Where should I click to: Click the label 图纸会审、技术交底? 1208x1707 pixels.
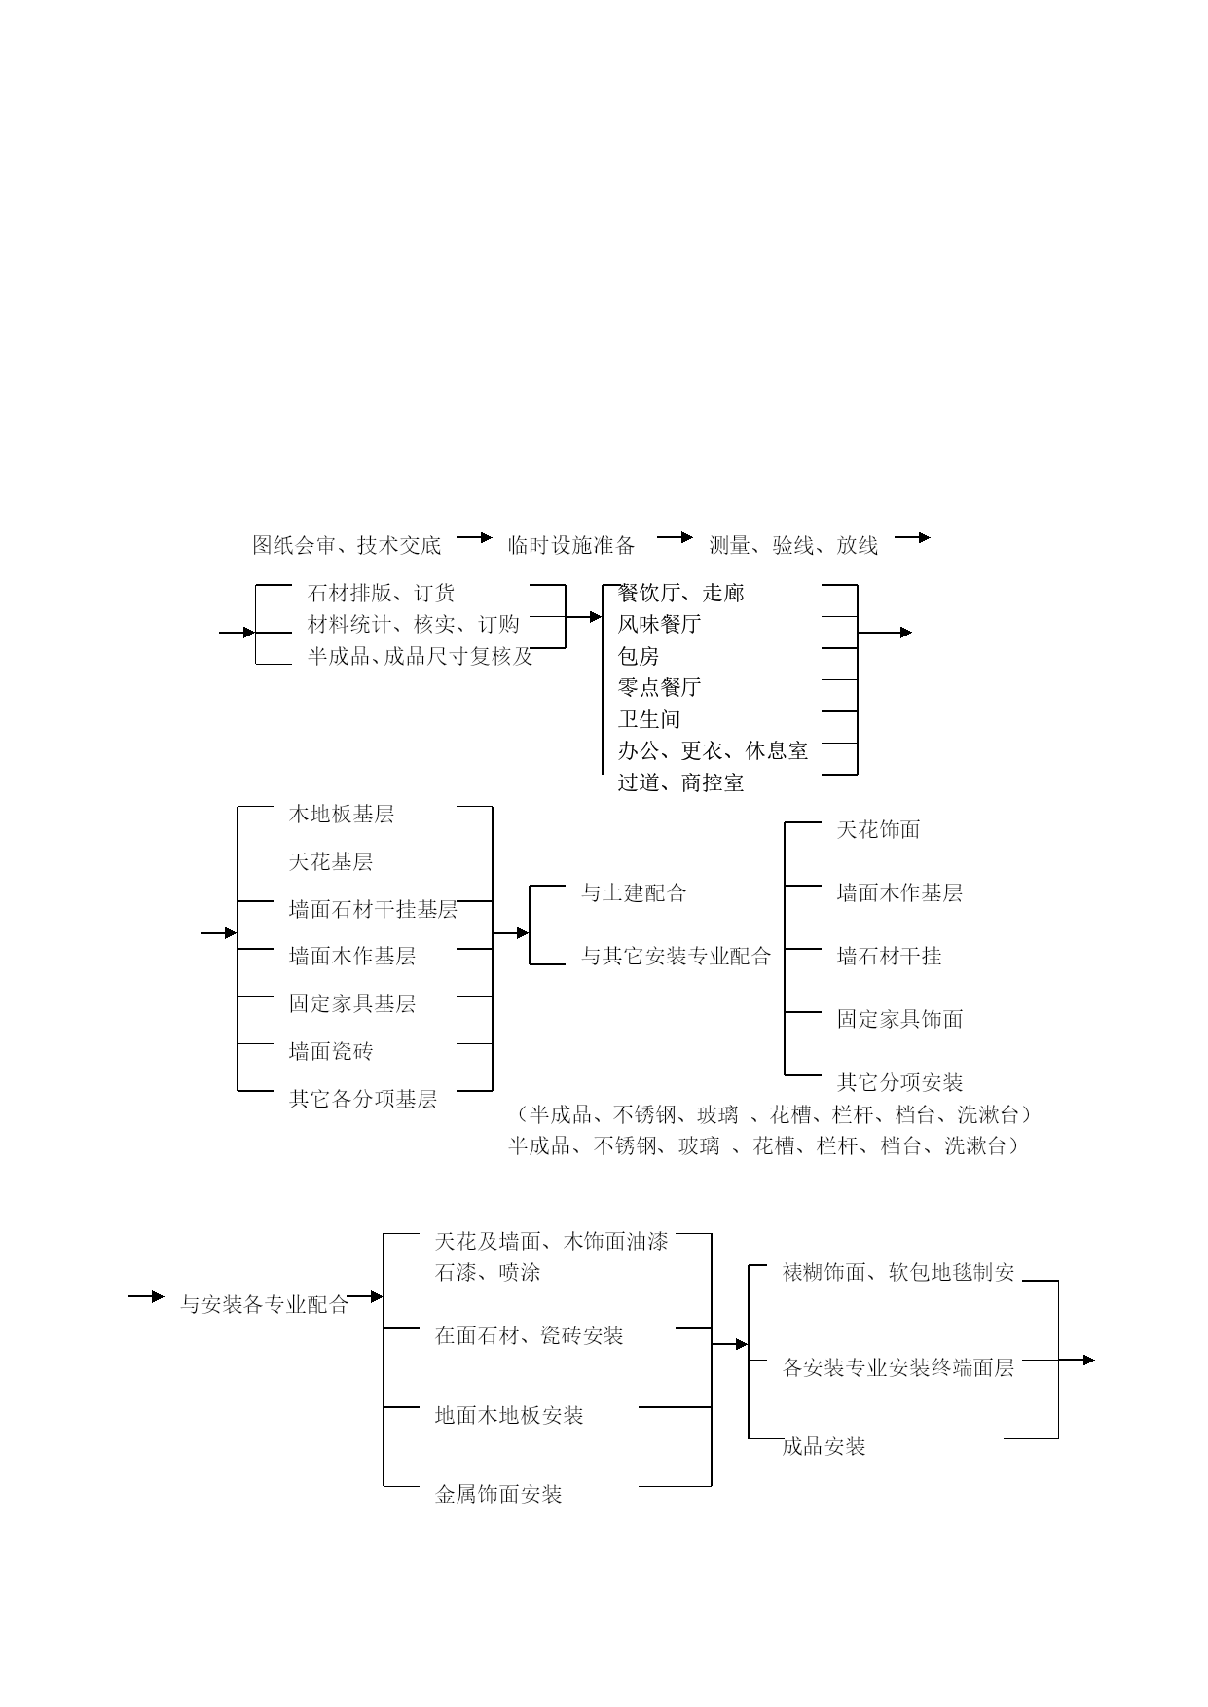347,545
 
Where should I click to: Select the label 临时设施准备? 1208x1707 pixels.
571,545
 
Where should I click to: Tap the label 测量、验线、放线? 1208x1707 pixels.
793,545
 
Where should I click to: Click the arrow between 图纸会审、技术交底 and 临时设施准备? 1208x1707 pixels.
475,537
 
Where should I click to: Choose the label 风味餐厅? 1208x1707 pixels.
659,624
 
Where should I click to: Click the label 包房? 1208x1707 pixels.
638,656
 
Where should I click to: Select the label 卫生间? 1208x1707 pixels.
648,719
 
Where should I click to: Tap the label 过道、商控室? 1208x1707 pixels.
680,782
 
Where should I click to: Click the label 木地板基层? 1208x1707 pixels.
342,814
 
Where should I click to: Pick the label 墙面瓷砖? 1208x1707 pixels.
331,1051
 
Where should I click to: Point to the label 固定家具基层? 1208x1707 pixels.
352,1003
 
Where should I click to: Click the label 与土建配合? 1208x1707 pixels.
634,892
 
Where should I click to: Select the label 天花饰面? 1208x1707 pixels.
878,829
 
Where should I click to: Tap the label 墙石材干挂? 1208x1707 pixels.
889,956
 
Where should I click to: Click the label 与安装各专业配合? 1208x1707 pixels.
264,1305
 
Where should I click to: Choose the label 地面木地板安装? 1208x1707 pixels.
508,1415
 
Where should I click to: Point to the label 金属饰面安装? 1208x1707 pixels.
497,1494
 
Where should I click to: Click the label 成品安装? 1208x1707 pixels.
824,1446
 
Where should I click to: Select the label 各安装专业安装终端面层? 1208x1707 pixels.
898,1367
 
